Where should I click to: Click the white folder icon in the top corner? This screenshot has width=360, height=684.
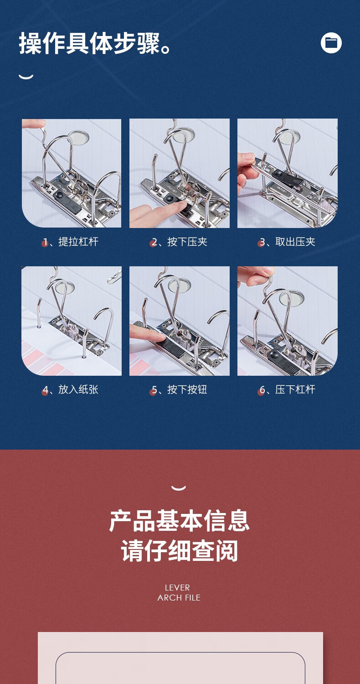point(331,43)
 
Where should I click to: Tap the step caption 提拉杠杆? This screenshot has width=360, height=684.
point(78,242)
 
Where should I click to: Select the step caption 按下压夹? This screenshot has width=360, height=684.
point(187,242)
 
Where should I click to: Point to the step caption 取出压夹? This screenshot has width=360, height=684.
point(295,242)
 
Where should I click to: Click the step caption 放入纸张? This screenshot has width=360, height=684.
point(78,389)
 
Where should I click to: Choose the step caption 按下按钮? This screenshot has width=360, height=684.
point(187,389)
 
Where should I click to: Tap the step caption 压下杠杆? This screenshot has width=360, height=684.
point(295,389)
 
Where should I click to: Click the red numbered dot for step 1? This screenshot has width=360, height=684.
point(45,244)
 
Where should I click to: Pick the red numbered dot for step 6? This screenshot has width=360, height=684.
point(261,392)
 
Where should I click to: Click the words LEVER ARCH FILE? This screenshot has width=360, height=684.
point(179,593)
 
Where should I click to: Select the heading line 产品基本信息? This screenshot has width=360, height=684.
point(180,521)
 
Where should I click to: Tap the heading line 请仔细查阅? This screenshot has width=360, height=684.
point(180,550)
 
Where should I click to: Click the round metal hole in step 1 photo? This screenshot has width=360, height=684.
point(79,137)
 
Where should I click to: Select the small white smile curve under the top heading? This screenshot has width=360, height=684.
point(26,77)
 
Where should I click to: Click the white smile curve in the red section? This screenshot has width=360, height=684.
point(179,487)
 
